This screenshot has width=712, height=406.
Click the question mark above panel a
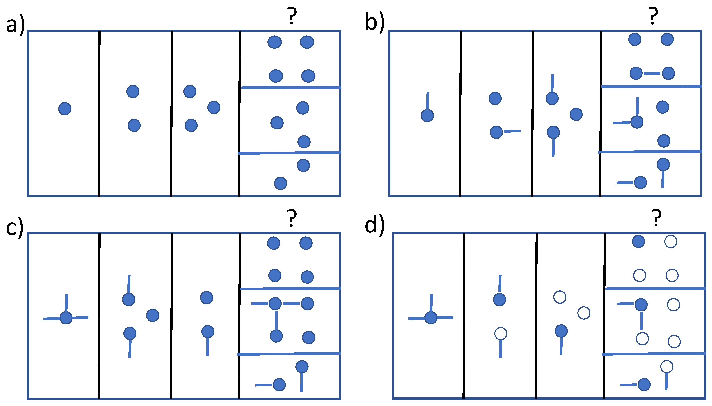291,16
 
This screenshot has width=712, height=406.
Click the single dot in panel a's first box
65,108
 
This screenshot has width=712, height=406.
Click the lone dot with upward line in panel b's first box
427,115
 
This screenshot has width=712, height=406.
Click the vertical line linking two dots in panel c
276,320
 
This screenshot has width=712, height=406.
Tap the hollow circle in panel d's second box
500,333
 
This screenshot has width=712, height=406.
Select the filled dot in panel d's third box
561,331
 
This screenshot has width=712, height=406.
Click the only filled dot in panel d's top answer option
638,242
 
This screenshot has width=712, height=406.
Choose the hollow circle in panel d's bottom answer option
667,367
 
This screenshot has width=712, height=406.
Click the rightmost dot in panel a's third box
214,107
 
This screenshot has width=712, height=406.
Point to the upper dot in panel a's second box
133,91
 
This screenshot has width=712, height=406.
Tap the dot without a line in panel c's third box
207,298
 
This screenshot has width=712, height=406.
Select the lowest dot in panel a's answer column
280,183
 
